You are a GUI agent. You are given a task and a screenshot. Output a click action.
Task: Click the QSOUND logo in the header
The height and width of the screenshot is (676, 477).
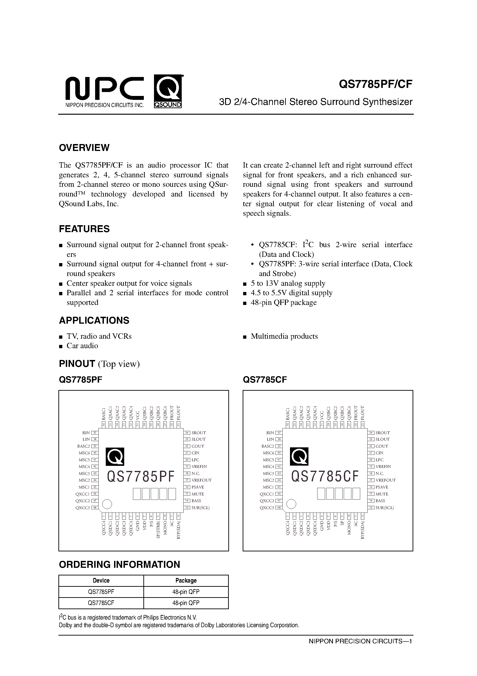(168, 92)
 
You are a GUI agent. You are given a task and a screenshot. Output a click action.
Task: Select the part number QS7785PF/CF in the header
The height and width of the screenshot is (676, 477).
(376, 85)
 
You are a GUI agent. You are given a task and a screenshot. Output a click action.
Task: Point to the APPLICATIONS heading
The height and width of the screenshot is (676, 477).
(94, 320)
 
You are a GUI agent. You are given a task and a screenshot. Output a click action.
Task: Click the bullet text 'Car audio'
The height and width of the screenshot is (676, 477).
(82, 346)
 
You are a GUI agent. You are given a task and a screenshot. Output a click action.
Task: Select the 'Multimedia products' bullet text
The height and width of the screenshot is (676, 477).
(284, 336)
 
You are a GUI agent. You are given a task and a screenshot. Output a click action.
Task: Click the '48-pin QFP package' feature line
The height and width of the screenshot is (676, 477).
(284, 303)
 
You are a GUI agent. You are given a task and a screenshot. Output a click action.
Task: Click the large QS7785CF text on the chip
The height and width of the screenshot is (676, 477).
(325, 477)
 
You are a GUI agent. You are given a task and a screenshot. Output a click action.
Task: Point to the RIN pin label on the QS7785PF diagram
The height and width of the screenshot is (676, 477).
(86, 433)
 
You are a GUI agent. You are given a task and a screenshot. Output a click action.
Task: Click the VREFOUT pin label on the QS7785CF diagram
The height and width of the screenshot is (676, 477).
(386, 480)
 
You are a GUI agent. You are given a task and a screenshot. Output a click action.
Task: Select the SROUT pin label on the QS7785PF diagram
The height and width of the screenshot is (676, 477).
(199, 433)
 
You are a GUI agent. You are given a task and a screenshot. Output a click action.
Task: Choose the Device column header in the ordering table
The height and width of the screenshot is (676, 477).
(101, 581)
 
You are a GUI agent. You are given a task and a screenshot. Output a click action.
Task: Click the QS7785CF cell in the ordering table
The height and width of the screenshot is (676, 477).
(101, 603)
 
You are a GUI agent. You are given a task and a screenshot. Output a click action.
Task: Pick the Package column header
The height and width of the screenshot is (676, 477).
(186, 581)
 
